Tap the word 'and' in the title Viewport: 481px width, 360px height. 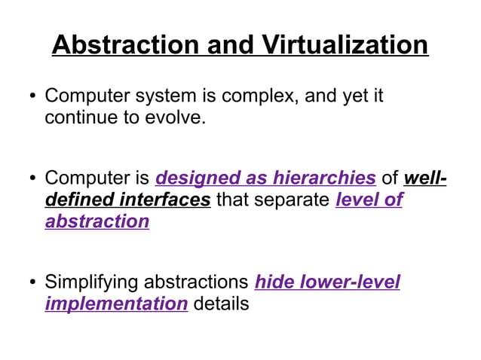229,45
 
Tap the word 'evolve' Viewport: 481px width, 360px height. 176,118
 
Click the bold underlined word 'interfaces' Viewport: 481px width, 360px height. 165,200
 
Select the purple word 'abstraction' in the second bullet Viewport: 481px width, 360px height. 97,221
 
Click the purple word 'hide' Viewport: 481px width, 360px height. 277,282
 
